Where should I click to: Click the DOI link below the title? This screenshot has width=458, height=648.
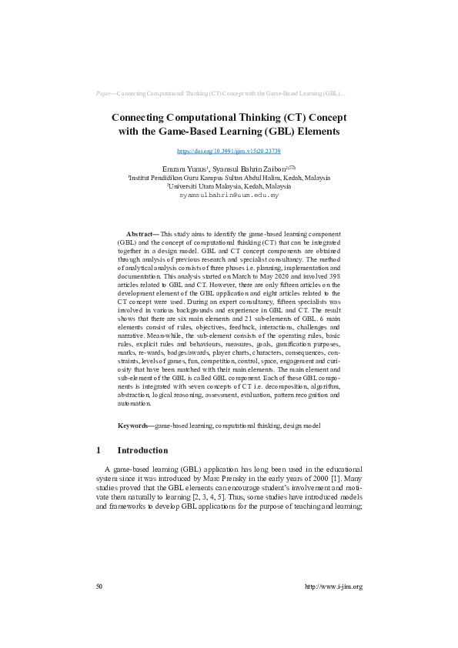pos(229,151)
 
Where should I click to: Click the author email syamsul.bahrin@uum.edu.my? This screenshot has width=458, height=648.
pos(229,195)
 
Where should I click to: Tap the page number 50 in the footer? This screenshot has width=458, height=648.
pos(99,586)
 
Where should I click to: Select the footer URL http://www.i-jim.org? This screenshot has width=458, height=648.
pos(333,586)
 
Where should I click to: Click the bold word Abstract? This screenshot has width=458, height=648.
pos(141,232)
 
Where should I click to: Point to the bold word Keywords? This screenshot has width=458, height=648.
pos(135,426)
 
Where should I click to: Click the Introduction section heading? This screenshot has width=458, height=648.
pos(142,450)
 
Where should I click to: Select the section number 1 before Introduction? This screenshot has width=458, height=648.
pos(98,450)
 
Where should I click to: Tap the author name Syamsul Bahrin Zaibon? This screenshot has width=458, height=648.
pos(246,168)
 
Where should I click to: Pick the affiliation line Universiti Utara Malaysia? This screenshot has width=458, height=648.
pos(229,186)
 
